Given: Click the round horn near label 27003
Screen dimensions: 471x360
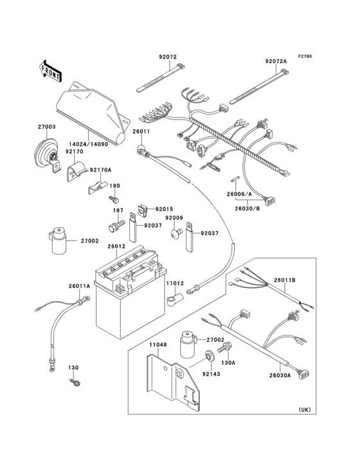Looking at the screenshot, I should tap(45, 155).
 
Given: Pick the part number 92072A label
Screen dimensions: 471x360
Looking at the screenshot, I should tap(276, 61).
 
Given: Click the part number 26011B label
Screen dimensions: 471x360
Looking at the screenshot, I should tap(301, 280).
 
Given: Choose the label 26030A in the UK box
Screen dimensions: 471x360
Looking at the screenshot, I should tap(298, 375).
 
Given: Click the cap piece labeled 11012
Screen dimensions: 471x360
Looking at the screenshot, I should tap(174, 300).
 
